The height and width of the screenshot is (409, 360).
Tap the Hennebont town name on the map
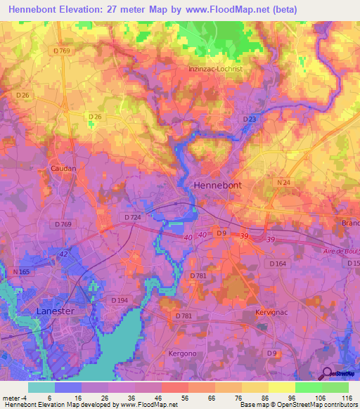[x=217, y=184]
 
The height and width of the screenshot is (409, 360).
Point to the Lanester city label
[x=58, y=309]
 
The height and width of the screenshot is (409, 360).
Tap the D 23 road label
[x=250, y=119]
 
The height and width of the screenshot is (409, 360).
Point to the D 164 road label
[x=278, y=264]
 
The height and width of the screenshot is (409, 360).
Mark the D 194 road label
[x=120, y=300]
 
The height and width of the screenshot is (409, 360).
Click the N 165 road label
[x=20, y=271]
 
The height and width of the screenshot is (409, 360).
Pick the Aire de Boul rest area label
[x=340, y=252]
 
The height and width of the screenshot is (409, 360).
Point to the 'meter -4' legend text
[x=14, y=398]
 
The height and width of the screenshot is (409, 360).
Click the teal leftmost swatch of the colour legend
[x=41, y=387]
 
